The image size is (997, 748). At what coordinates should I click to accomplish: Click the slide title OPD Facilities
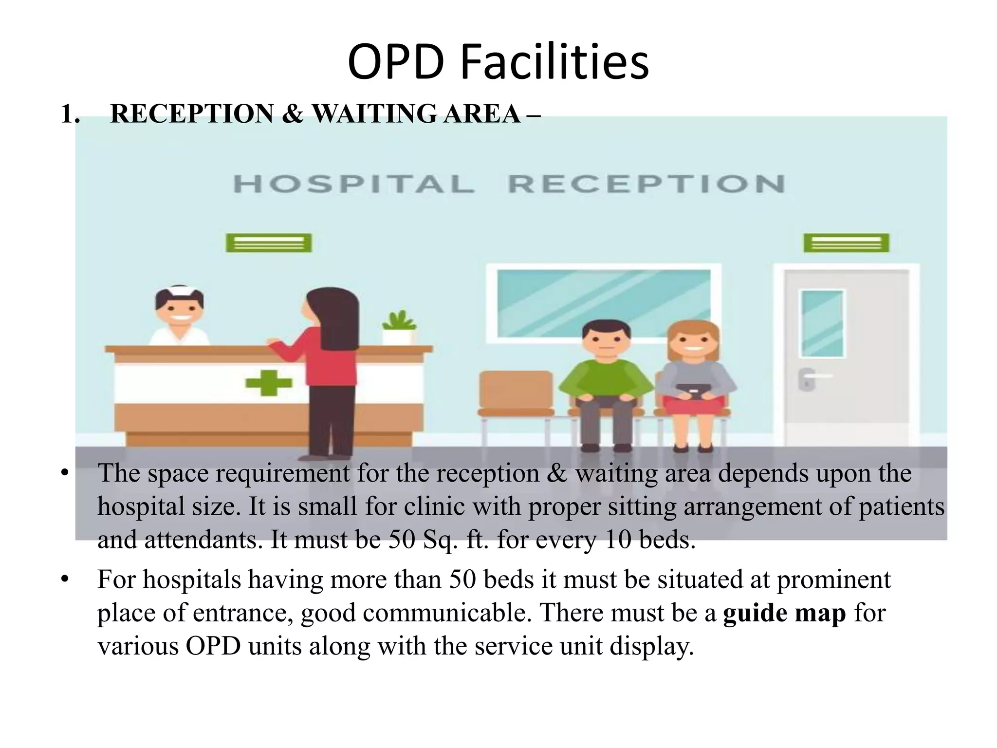[x=498, y=62]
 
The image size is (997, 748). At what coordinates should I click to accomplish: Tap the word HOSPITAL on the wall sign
[x=354, y=185]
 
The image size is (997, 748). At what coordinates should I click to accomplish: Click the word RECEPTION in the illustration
[x=646, y=185]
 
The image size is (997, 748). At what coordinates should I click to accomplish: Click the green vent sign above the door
[x=846, y=243]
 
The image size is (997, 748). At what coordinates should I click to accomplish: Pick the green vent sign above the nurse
[x=269, y=243]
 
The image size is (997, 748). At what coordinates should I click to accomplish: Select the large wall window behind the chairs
[x=604, y=302]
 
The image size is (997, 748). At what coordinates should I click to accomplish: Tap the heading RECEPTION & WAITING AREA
[x=325, y=113]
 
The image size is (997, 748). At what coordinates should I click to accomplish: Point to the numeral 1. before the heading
[x=70, y=114]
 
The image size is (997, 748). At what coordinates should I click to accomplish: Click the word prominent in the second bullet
[x=833, y=580]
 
